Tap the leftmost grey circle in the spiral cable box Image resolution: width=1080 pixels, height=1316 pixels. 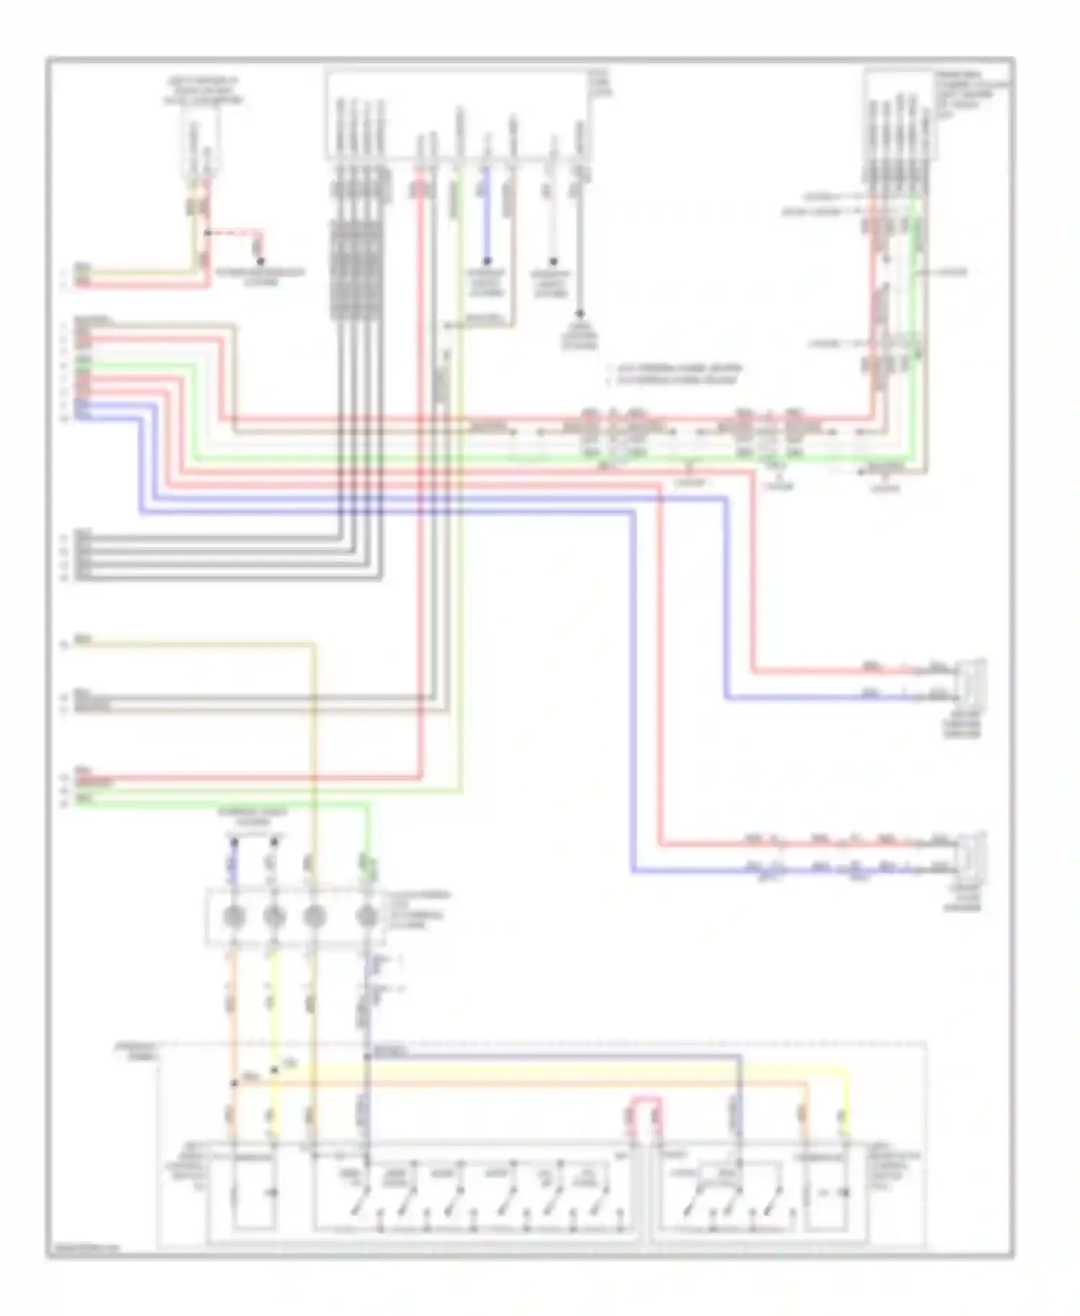(x=234, y=916)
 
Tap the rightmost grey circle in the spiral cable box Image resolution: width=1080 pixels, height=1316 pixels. (x=367, y=916)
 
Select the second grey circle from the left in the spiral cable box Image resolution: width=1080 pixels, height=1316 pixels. (x=274, y=916)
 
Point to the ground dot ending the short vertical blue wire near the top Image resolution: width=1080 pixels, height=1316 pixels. (x=487, y=261)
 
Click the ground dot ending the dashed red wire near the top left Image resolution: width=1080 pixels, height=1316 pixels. (x=261, y=261)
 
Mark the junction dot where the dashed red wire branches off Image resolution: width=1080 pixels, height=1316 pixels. (x=207, y=233)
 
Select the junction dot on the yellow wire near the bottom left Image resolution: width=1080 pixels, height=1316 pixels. (x=274, y=1071)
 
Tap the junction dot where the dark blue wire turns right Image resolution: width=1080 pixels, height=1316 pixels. (x=367, y=1056)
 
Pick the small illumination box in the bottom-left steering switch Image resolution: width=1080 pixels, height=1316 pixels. (x=253, y=1191)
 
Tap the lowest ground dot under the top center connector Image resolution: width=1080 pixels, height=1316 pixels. (x=579, y=314)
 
